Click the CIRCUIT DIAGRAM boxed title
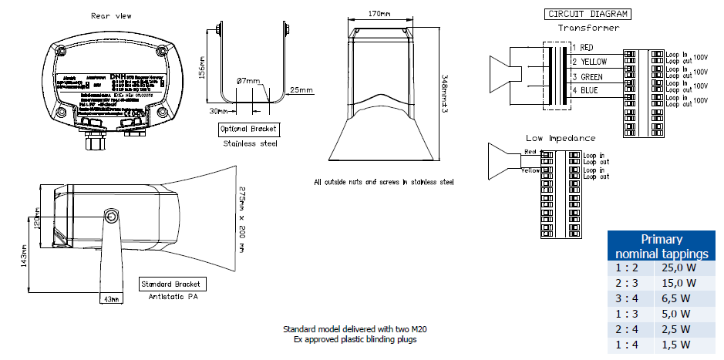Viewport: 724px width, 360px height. [588, 14]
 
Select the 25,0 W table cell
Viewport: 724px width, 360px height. [679, 268]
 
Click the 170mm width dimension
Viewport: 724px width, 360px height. [378, 13]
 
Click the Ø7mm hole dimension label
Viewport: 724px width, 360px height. [249, 79]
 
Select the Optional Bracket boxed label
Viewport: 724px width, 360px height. [248, 128]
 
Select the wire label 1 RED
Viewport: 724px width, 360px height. [581, 48]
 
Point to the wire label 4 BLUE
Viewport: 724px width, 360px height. [584, 91]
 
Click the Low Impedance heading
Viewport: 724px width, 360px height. [561, 138]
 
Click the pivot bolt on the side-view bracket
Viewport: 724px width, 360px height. [112, 219]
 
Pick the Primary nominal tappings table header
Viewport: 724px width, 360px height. [661, 246]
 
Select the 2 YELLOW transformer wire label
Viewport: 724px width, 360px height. [589, 62]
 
